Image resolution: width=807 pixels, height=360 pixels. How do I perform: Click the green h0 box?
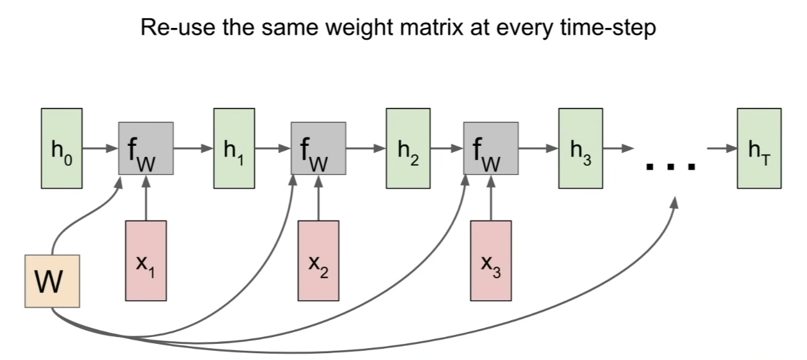61,148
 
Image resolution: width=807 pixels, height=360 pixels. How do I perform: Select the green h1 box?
234,148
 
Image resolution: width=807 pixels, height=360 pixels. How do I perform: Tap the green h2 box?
408,148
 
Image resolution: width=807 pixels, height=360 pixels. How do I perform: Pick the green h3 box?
581,148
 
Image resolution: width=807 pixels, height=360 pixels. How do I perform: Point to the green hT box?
759,148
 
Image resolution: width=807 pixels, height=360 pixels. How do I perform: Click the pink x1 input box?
146,261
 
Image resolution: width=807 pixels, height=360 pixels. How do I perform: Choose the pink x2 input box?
318,261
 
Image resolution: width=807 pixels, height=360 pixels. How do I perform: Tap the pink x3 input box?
490,261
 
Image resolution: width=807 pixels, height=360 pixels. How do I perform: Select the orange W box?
52,281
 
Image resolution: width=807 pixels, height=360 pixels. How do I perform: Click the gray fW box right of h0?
146,148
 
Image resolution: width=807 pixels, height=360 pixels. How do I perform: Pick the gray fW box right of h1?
318,148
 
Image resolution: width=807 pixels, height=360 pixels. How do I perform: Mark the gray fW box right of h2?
491,148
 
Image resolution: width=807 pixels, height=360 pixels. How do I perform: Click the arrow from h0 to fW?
101,148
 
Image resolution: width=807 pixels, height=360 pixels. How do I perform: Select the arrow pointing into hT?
722,148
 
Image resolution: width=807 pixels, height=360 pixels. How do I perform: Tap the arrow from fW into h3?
539,148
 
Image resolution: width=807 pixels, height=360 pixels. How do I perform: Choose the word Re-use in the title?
178,27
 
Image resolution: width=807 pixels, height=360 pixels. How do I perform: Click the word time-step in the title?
608,28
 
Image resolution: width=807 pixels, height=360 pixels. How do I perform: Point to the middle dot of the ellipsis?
670,167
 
